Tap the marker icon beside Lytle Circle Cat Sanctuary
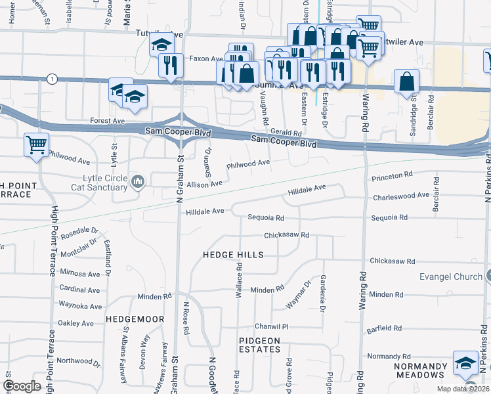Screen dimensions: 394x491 [x=138, y=182]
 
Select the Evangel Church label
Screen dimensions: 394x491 [x=451, y=276]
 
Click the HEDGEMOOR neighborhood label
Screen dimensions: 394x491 [x=129, y=318]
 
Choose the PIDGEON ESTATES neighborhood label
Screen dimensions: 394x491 [x=259, y=345]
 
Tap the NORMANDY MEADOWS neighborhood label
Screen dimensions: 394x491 [x=421, y=370]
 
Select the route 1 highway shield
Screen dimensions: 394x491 [x=51, y=79]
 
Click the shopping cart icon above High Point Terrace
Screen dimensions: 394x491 [x=37, y=144]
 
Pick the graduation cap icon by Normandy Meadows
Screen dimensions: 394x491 [x=465, y=362]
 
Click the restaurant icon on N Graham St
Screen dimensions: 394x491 [x=170, y=66]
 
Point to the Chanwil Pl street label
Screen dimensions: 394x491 [x=272, y=326]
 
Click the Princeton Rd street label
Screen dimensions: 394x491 [x=391, y=176]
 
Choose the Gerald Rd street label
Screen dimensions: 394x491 [x=286, y=132]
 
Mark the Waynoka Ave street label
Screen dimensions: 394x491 [x=80, y=306]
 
